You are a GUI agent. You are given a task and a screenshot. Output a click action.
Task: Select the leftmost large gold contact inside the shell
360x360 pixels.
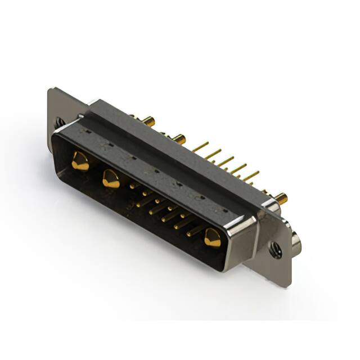coord(80,161)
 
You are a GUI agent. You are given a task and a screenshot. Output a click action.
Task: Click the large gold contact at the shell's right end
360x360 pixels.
coord(213,238)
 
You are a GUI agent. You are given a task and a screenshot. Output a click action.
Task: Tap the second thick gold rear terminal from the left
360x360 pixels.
coord(178,138)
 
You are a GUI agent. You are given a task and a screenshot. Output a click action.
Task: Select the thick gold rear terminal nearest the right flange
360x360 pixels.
coord(280,197)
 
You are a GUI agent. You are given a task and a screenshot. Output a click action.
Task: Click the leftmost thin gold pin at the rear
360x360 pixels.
coord(200,147)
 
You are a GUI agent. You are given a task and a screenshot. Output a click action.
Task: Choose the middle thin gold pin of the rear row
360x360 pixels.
coord(226,161)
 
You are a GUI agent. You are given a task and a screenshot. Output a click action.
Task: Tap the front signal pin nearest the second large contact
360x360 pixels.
coord(134,185)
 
